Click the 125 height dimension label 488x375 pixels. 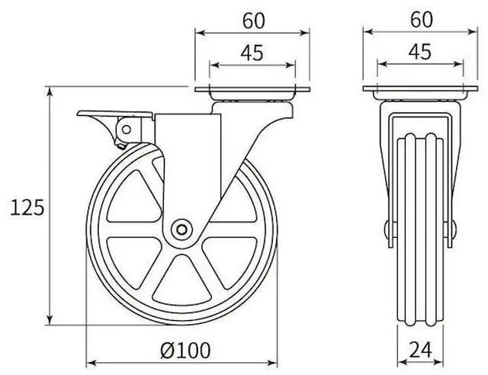27,207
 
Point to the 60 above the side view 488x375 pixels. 253,21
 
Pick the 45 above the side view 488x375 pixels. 253,53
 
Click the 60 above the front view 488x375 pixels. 420,21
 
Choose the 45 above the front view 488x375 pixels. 420,53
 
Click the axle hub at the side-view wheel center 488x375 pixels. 181,229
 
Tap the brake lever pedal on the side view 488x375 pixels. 95,117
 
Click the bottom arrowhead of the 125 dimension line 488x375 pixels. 51,320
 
